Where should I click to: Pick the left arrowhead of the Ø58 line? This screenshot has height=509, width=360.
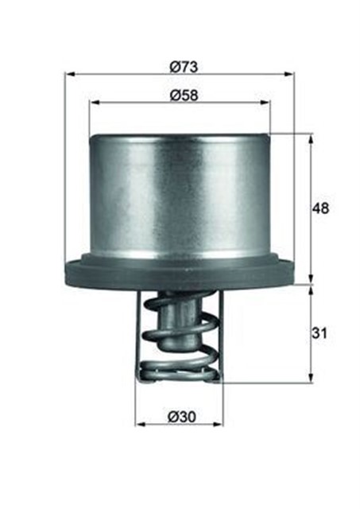(94, 103)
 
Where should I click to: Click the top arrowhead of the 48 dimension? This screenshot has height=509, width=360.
(310, 138)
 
